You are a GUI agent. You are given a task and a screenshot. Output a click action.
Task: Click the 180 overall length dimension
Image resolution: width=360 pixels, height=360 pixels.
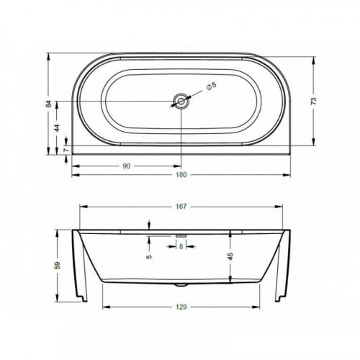(181, 175)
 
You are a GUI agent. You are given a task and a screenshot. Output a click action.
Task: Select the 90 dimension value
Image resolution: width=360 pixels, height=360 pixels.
(127, 166)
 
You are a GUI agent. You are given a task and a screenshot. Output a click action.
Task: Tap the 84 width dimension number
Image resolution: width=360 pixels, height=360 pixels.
(49, 104)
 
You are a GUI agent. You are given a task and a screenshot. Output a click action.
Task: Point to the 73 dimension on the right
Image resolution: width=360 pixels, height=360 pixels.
(314, 101)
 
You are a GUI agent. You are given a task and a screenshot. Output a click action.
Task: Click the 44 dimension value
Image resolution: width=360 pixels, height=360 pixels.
(57, 128)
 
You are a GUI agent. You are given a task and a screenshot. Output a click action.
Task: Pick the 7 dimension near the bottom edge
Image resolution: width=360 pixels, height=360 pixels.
(66, 150)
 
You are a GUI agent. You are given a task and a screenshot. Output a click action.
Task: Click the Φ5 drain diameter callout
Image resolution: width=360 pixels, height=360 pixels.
(212, 86)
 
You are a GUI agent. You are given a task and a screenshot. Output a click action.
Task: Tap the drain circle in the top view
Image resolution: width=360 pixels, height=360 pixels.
(181, 102)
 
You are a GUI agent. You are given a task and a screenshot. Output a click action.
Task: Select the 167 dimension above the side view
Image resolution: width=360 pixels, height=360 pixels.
(181, 206)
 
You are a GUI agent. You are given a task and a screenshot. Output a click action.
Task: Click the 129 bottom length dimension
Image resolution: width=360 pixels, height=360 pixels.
(181, 307)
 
